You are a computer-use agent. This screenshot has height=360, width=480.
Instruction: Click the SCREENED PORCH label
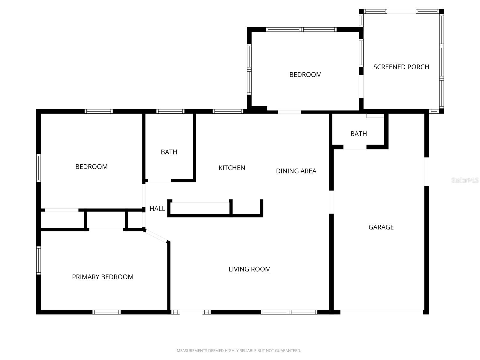(401, 67)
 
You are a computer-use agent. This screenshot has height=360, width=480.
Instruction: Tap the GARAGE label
(381, 227)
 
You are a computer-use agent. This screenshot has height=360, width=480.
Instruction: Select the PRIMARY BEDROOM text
(103, 277)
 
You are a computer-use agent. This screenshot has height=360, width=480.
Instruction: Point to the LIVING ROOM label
(250, 269)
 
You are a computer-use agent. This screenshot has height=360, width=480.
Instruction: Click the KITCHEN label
(232, 168)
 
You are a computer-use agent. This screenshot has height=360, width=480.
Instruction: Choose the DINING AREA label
(296, 171)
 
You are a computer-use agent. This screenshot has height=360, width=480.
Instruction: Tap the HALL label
(157, 208)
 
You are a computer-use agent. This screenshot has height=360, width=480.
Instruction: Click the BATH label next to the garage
(358, 134)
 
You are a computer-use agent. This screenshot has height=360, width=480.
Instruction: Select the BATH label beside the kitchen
(169, 152)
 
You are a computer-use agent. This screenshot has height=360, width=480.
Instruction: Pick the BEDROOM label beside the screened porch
(305, 75)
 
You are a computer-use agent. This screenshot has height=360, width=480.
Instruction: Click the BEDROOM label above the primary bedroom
(91, 167)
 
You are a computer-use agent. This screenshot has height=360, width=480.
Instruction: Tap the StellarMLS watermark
(465, 180)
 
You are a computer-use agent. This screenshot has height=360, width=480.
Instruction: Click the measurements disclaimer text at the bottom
(239, 350)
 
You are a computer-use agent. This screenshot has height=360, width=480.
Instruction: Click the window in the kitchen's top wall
(228, 112)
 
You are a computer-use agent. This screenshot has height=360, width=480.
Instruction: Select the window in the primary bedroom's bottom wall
(106, 312)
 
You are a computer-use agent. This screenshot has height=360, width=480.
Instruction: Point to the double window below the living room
(289, 312)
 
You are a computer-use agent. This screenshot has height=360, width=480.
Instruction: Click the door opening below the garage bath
(355, 147)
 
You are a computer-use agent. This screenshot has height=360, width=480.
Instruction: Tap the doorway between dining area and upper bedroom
(289, 112)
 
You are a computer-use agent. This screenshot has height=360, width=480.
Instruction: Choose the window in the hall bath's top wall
(170, 112)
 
